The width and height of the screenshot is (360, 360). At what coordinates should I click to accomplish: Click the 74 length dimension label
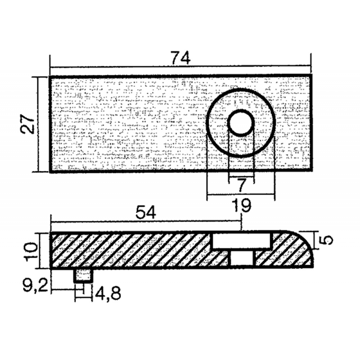click(180, 58)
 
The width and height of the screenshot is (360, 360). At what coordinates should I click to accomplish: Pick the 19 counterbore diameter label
click(242, 207)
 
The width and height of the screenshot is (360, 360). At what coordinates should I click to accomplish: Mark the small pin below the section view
click(83, 275)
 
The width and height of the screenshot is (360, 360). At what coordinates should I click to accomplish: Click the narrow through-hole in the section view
click(242, 259)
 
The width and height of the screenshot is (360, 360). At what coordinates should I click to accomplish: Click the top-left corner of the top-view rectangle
click(50, 76)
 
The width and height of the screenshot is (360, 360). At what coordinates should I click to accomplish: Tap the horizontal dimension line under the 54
click(146, 221)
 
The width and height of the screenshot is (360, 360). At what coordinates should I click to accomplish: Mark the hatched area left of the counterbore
click(130, 250)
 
